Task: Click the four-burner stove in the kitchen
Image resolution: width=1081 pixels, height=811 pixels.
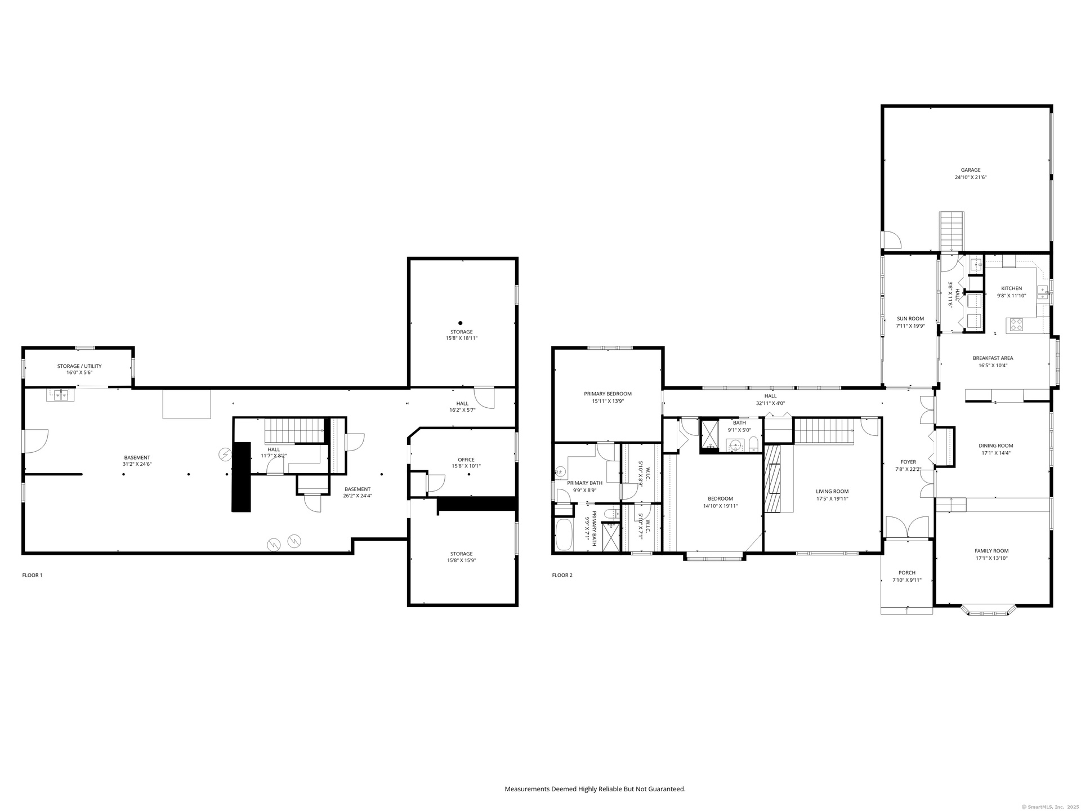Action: (x=1016, y=324)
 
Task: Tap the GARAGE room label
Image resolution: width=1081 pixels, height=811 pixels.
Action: (x=971, y=170)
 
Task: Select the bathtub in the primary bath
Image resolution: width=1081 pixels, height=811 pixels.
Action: (x=564, y=534)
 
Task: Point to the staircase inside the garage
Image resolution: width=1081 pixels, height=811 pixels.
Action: (x=952, y=231)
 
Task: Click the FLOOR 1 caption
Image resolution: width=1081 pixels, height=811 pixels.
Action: (x=32, y=575)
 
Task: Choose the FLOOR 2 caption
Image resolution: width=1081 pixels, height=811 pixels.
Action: (x=562, y=575)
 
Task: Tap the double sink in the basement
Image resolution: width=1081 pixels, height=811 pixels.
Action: (x=60, y=394)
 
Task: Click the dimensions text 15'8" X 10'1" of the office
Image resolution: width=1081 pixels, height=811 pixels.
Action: (x=466, y=466)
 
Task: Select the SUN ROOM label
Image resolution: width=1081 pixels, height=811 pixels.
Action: (x=910, y=319)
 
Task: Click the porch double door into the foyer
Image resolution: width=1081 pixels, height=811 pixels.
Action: (x=907, y=528)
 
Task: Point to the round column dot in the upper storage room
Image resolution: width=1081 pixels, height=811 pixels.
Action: (x=460, y=323)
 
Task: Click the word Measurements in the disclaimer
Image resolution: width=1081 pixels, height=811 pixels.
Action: (x=527, y=789)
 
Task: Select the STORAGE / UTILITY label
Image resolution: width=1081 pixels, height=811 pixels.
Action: (x=79, y=366)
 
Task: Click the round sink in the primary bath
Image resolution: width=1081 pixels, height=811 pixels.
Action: (x=560, y=471)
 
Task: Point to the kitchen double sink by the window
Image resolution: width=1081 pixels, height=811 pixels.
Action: (x=1043, y=291)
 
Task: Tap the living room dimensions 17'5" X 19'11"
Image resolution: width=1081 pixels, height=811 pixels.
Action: (x=832, y=498)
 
